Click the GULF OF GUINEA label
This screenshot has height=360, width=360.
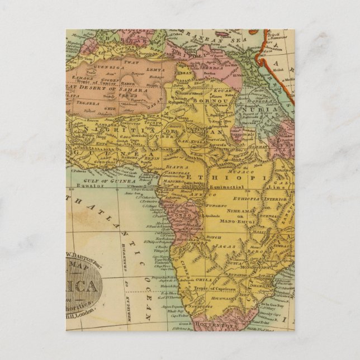pos(102,182)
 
